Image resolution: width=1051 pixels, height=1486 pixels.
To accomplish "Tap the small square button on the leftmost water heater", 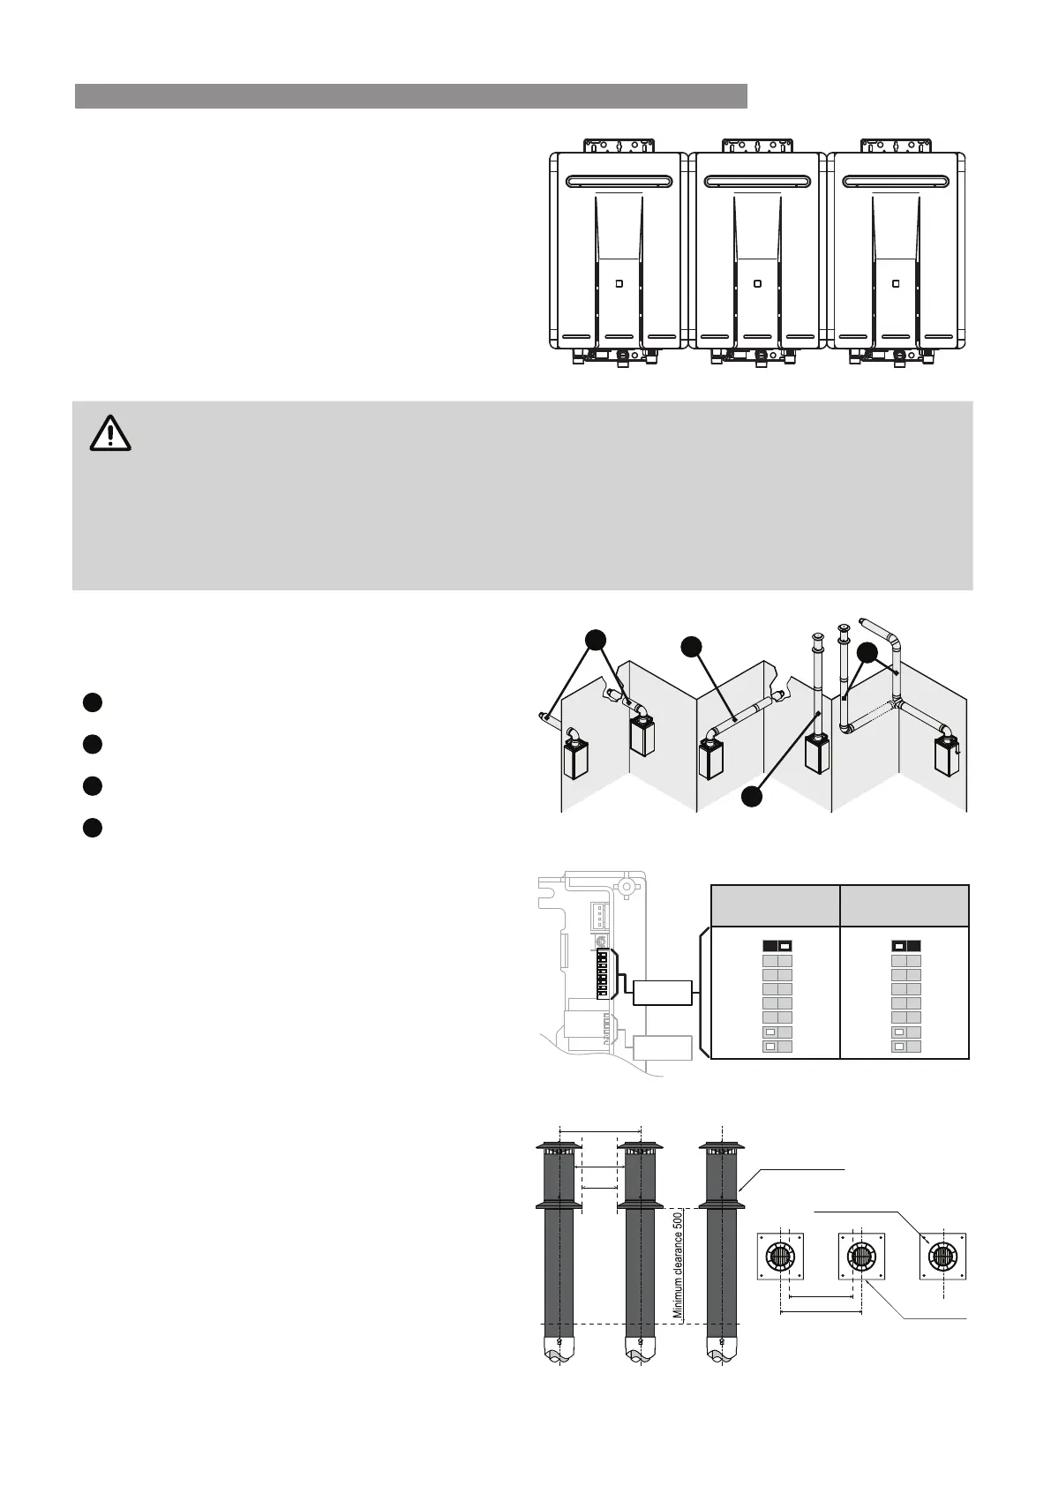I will (x=618, y=284).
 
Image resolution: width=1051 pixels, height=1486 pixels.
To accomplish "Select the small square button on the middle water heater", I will (x=756, y=284).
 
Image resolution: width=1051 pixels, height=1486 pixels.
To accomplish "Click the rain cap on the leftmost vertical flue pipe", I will (x=559, y=1147).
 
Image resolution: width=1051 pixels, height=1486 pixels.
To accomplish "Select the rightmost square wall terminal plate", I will (x=943, y=1256).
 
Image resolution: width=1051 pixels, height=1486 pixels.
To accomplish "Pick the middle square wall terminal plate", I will (x=861, y=1256).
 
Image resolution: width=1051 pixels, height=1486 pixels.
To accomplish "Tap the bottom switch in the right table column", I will (x=906, y=1047).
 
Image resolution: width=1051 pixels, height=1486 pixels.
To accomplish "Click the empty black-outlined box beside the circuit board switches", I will (x=662, y=992).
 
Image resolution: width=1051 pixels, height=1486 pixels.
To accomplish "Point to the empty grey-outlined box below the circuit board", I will (x=662, y=1047).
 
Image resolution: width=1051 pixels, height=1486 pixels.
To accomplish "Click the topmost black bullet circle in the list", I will (x=93, y=702).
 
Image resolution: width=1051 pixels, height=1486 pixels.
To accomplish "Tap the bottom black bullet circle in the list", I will (x=93, y=828).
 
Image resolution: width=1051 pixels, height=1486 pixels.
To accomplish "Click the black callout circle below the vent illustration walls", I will (x=752, y=796).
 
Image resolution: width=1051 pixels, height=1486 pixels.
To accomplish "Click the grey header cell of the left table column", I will (x=775, y=905).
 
